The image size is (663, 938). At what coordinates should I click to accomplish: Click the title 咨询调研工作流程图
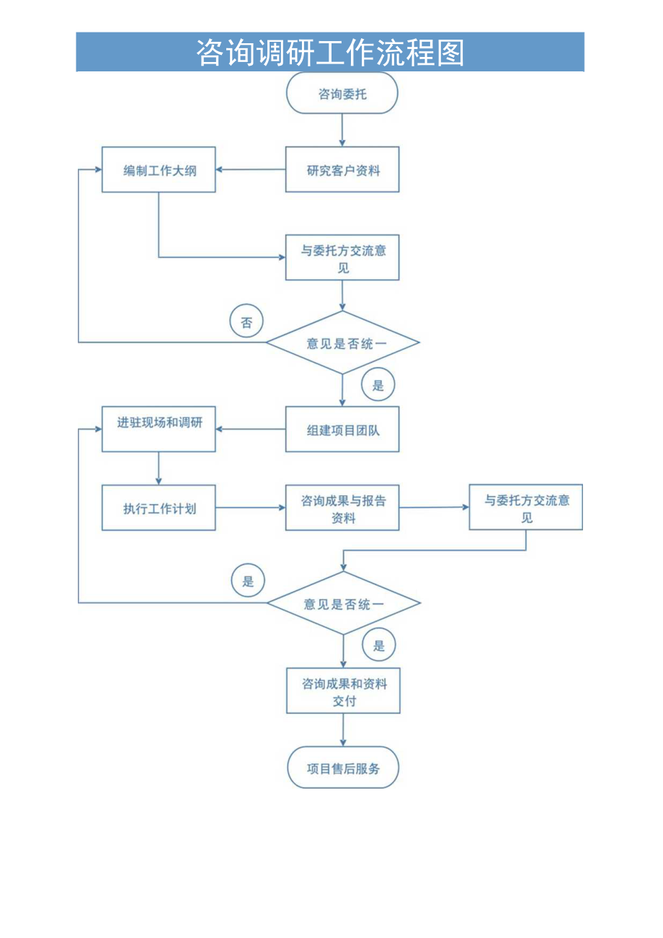pos(330,53)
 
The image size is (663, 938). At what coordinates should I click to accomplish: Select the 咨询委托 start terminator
pos(342,94)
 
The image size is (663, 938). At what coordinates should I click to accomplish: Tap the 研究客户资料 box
pos(342,170)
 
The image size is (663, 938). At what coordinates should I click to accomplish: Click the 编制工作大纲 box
pos(159,170)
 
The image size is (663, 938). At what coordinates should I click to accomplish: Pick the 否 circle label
pos(246,322)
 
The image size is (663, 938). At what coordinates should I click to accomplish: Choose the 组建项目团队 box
pos(342,430)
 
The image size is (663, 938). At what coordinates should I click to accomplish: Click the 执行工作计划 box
pos(159,508)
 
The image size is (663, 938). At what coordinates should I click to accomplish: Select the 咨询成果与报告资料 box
pos(342,508)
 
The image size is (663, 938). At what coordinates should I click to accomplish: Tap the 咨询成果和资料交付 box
pos(344,691)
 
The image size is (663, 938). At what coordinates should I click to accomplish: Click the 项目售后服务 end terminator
pos(343,768)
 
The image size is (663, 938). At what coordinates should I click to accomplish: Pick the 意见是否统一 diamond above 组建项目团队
pos(343,343)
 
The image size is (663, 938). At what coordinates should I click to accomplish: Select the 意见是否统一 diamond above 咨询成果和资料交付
pos(344,603)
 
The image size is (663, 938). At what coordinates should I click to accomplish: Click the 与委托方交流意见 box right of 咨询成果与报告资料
pos(526,508)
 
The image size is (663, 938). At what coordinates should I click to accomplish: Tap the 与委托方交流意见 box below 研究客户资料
pos(342,258)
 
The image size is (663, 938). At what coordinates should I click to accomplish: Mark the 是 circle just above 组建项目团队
pos(378,385)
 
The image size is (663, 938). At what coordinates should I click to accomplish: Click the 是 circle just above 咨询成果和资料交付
pos(378,645)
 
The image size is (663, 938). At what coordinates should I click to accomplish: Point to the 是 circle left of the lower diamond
pos(248,581)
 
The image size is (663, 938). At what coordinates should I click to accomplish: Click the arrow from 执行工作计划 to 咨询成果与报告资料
pos(250,508)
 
